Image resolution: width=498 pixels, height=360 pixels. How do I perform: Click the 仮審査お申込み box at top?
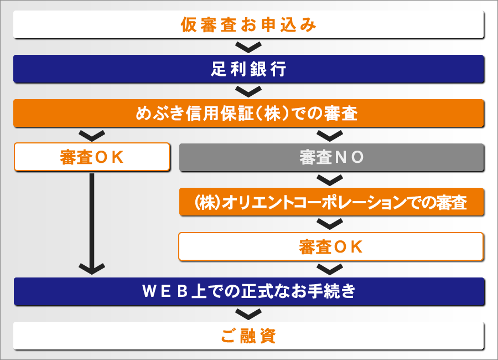click(248, 25)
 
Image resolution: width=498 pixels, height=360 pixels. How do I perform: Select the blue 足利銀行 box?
click(248, 69)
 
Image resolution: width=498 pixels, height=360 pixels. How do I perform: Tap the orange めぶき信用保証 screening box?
click(248, 114)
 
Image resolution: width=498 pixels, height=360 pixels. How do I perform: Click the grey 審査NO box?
click(331, 157)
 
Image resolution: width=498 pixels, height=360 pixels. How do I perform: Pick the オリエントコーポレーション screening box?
click(331, 202)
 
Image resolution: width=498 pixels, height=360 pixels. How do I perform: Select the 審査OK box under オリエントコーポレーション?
click(331, 246)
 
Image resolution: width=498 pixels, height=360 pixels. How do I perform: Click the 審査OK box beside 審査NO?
click(91, 157)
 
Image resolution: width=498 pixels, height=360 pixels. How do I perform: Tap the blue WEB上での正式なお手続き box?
click(248, 291)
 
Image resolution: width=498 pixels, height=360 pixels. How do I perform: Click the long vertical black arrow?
click(92, 222)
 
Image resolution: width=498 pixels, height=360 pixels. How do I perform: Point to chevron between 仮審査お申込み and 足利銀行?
click(248, 46)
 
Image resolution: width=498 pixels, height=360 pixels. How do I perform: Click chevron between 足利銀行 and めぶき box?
click(248, 91)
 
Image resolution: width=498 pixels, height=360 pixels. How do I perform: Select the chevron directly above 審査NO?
click(330, 135)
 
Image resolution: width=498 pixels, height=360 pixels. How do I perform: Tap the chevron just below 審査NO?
click(330, 179)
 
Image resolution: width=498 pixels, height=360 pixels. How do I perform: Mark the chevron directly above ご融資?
click(248, 314)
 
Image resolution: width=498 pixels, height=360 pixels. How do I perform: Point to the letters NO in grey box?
click(350, 158)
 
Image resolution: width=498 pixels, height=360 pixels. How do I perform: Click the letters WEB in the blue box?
click(165, 291)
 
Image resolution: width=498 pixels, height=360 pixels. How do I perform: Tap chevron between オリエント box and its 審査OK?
click(330, 224)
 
